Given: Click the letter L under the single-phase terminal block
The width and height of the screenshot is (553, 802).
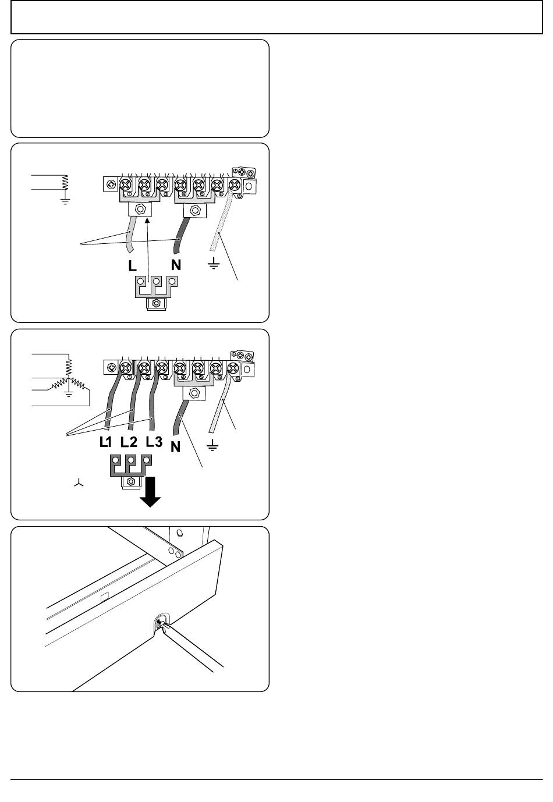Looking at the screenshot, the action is click(x=133, y=265).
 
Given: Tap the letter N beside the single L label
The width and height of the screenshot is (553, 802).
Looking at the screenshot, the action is click(x=176, y=265).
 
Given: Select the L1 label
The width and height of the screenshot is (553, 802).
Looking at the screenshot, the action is click(x=106, y=442).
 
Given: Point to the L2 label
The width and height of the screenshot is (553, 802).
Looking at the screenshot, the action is click(x=129, y=442).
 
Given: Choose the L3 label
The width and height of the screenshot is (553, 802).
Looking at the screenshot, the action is click(x=154, y=442).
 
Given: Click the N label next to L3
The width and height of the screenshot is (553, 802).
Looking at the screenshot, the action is click(x=175, y=447).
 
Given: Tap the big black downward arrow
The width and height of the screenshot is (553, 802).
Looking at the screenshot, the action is click(x=150, y=492).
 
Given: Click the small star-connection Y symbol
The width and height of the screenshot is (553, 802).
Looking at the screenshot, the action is click(x=79, y=483).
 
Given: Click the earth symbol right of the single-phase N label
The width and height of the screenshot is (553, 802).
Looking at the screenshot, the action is click(x=214, y=264).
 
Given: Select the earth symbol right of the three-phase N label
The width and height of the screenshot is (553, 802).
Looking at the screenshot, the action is click(x=212, y=445).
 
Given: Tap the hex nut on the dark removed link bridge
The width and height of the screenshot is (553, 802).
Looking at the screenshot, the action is click(x=131, y=482).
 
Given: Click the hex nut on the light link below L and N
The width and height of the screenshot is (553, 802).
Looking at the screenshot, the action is click(x=156, y=303).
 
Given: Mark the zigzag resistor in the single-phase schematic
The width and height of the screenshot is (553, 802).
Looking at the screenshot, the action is click(x=65, y=183).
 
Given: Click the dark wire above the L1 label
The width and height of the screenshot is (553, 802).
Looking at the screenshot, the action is click(x=113, y=401).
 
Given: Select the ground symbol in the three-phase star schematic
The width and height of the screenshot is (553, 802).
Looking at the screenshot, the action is click(x=69, y=394).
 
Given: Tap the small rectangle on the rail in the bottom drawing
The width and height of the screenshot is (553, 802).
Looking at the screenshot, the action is click(x=104, y=597).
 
